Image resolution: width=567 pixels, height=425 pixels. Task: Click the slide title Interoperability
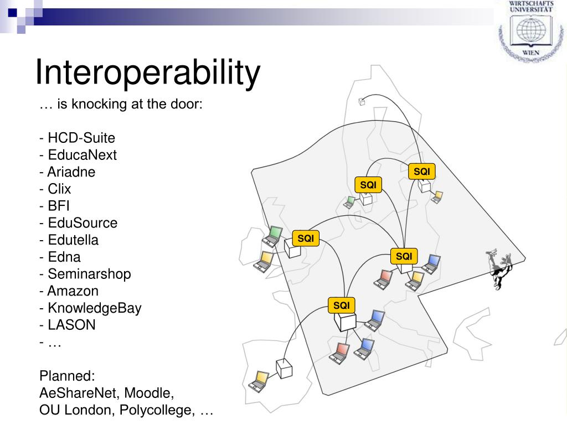147,72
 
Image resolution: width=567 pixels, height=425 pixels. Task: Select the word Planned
67,376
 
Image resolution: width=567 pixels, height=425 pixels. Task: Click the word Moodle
149,393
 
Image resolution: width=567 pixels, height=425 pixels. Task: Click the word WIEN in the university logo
530,53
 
